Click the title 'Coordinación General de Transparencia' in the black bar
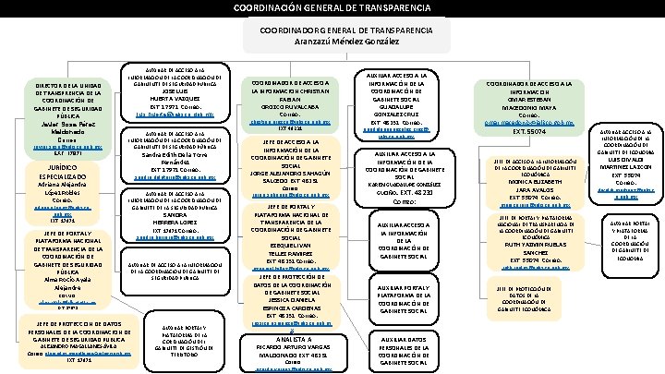tap(332, 8)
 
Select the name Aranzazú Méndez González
tap(332, 42)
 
